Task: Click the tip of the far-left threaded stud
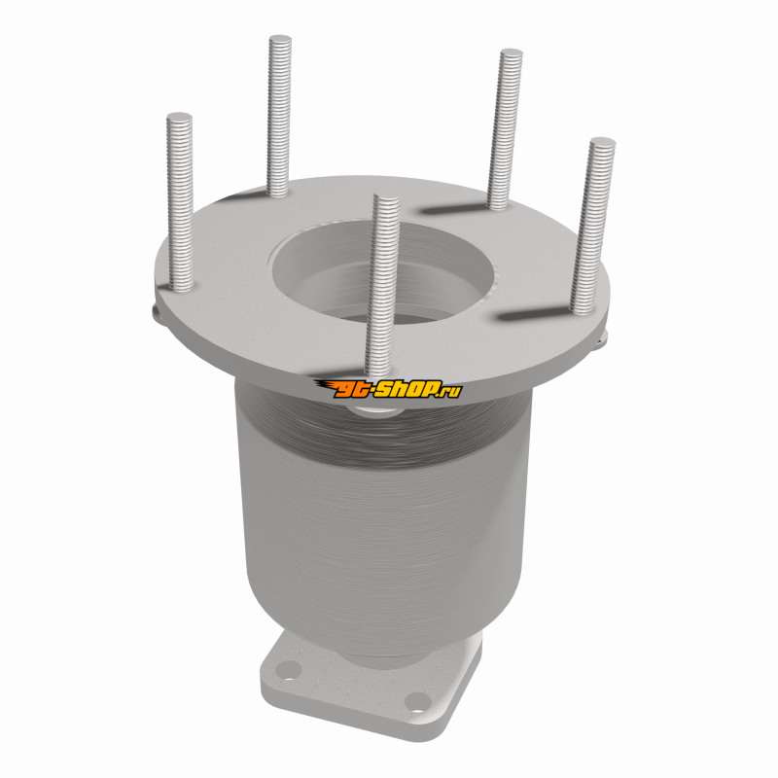click(179, 117)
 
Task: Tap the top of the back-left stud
click(280, 39)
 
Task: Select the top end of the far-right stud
click(602, 141)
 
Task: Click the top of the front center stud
click(387, 197)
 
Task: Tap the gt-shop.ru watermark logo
click(388, 389)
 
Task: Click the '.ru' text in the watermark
click(451, 391)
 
